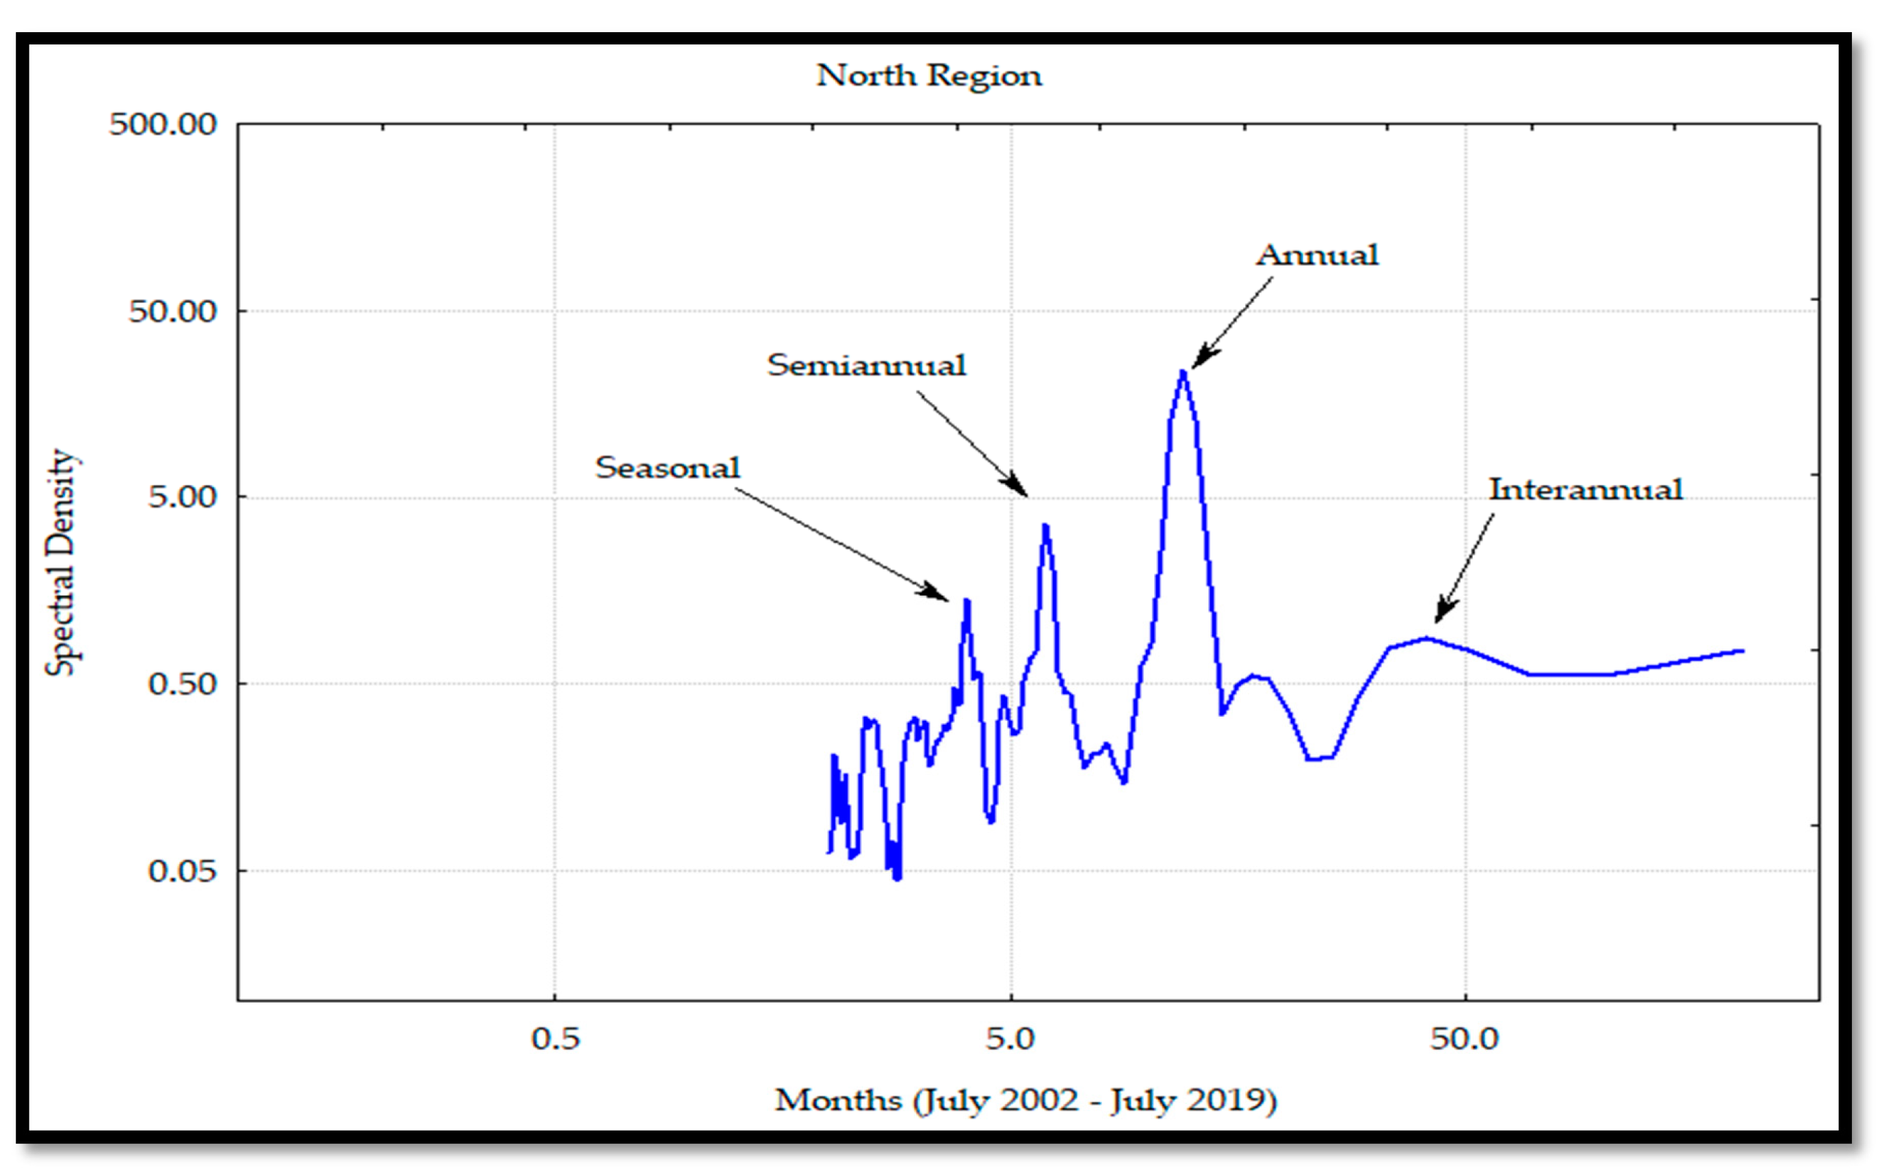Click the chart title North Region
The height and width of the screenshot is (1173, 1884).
pyautogui.click(x=929, y=76)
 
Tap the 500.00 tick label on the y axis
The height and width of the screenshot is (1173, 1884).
pyautogui.click(x=163, y=124)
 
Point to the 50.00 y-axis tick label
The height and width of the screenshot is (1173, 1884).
pyautogui.click(x=172, y=311)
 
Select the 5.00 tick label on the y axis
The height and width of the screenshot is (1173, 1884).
pyautogui.click(x=183, y=497)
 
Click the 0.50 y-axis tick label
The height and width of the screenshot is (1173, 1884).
pyautogui.click(x=183, y=683)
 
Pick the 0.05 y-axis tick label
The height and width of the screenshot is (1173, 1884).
pyautogui.click(x=183, y=871)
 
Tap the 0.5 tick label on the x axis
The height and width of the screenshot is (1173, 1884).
pyautogui.click(x=555, y=1038)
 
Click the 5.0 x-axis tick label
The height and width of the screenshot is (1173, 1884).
pyautogui.click(x=1010, y=1038)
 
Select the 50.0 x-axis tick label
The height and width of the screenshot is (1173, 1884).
pyautogui.click(x=1464, y=1038)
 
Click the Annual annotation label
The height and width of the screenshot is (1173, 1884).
pyautogui.click(x=1317, y=255)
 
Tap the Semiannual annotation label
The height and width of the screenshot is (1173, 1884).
pyautogui.click(x=866, y=365)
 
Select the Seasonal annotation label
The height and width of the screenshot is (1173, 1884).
pyautogui.click(x=667, y=468)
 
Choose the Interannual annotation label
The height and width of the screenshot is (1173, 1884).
pyautogui.click(x=1585, y=490)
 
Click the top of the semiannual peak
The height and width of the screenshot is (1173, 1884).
pyautogui.click(x=1045, y=525)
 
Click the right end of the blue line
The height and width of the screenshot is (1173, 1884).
pyautogui.click(x=1743, y=651)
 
